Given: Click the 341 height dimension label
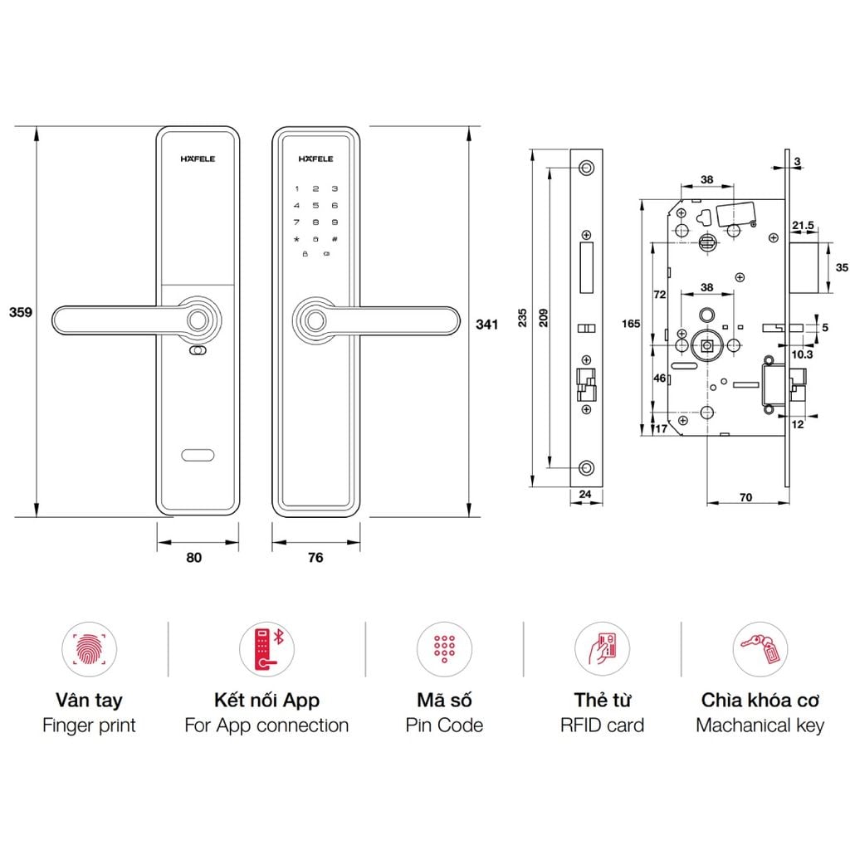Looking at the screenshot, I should (x=486, y=324).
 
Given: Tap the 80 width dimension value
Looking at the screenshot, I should (x=193, y=558).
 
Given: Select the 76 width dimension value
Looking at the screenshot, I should (x=315, y=558).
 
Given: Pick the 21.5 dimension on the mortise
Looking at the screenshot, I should (x=803, y=225).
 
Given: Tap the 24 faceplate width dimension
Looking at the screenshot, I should (x=585, y=496).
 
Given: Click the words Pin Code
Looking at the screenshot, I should (x=444, y=725).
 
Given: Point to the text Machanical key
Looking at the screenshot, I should (x=760, y=725).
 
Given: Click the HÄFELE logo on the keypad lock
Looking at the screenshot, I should (x=315, y=159).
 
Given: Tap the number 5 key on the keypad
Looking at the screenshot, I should (x=315, y=206).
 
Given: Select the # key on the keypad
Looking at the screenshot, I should (x=335, y=239).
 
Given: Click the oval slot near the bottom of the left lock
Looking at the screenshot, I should (x=198, y=455).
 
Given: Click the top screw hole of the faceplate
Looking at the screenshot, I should (x=587, y=169).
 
